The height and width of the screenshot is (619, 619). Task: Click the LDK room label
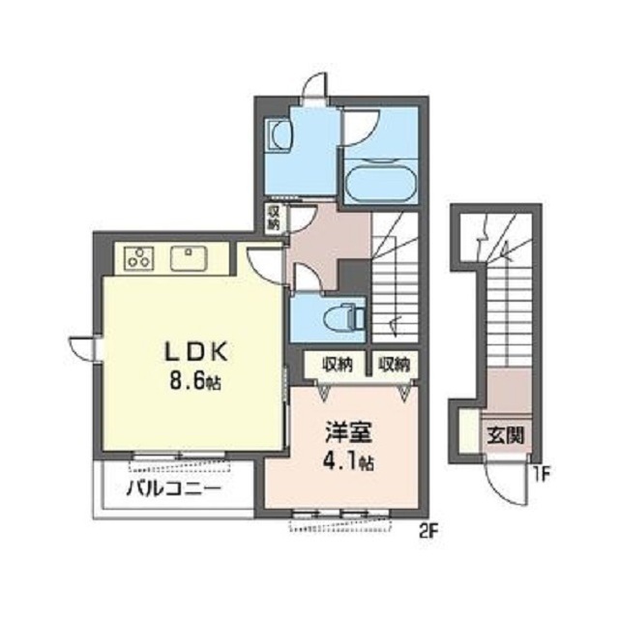(196, 351)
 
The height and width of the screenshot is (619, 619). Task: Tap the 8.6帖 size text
(195, 382)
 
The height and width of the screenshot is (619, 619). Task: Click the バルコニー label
(174, 489)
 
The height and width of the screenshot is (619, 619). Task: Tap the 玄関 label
(506, 435)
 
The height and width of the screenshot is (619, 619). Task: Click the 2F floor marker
(428, 533)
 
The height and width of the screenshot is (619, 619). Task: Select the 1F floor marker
(542, 474)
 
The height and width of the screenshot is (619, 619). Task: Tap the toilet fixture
(344, 316)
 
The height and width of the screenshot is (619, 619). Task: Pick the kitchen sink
(189, 258)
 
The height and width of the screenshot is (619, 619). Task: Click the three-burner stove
(139, 258)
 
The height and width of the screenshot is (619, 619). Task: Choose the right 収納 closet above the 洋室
(395, 364)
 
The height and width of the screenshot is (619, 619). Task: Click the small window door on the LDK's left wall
(83, 348)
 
